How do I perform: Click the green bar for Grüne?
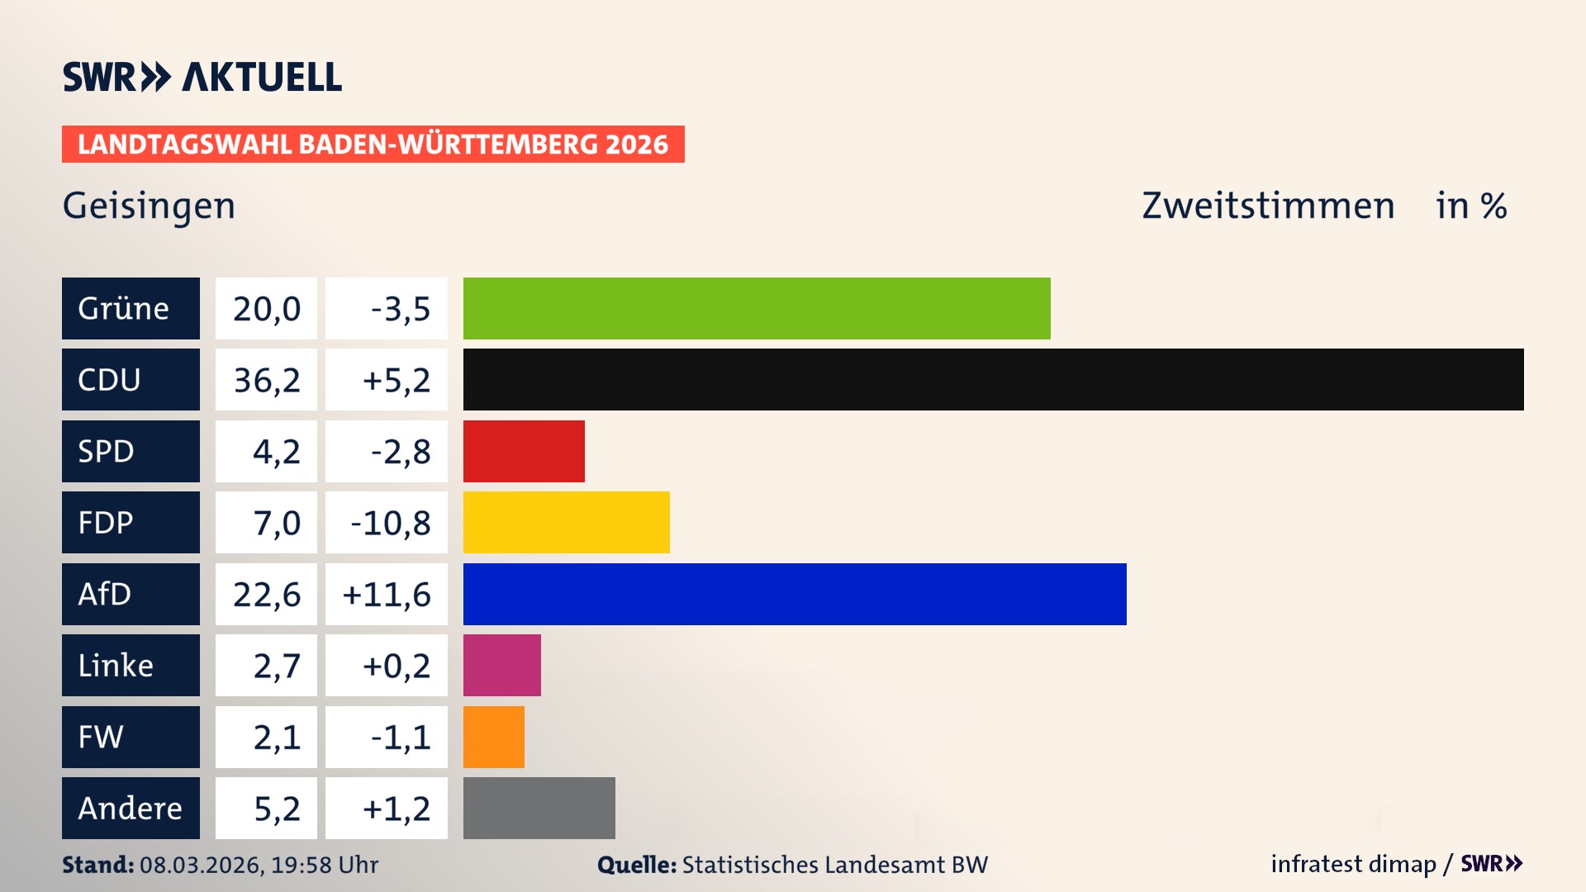756,308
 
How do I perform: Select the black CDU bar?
993,379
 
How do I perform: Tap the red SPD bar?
524,451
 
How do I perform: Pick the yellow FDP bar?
566,522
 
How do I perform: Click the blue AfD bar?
794,594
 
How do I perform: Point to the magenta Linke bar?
501,665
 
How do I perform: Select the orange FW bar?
493,737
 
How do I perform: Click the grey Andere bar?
539,808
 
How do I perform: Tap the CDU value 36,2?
266,380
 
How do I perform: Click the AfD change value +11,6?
386,595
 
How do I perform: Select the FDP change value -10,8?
390,523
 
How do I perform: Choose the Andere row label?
131,808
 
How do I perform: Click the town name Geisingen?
149,206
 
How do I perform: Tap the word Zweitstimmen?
1267,206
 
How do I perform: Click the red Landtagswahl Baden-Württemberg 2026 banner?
373,145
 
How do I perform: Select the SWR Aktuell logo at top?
202,77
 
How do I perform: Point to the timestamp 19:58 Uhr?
325,865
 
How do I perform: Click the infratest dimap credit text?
1352,864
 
